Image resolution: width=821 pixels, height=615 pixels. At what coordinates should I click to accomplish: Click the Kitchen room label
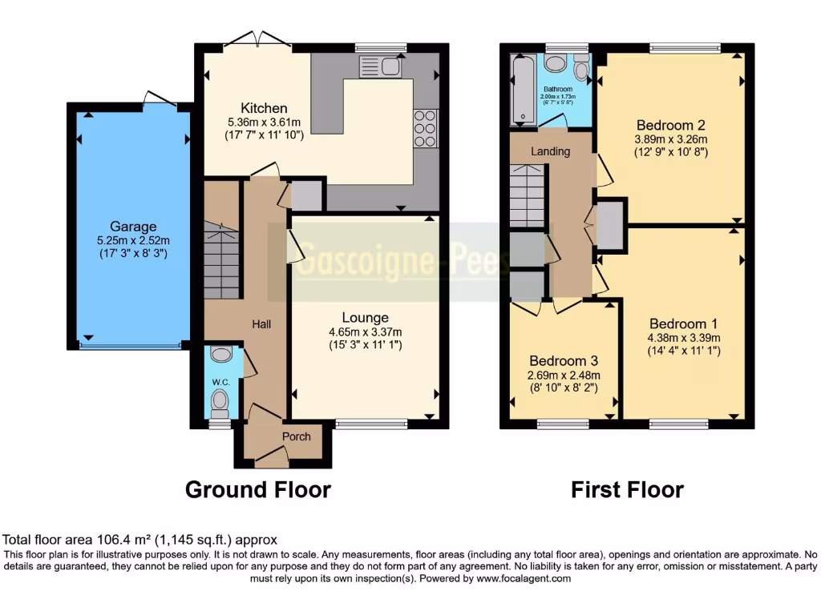click(264, 108)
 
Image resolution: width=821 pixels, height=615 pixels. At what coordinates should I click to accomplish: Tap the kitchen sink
click(380, 66)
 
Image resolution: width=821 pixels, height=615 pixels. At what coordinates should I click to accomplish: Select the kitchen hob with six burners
click(425, 128)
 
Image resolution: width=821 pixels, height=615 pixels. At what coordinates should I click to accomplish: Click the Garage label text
click(134, 227)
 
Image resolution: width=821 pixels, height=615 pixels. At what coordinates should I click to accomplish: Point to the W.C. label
click(221, 383)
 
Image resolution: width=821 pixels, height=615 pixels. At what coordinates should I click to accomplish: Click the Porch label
click(295, 436)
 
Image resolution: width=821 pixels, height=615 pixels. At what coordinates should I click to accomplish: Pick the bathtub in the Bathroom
click(524, 90)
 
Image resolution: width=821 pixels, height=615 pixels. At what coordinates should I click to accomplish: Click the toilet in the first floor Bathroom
click(581, 69)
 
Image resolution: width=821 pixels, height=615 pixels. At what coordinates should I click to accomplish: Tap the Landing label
click(551, 151)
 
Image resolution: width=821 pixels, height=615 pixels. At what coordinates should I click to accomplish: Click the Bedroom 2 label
click(670, 125)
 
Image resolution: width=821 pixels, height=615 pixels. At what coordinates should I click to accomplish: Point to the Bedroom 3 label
click(563, 361)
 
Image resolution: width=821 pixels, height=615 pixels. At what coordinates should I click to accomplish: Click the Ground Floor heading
click(257, 488)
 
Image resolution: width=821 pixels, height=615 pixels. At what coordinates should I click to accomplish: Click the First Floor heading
click(627, 488)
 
